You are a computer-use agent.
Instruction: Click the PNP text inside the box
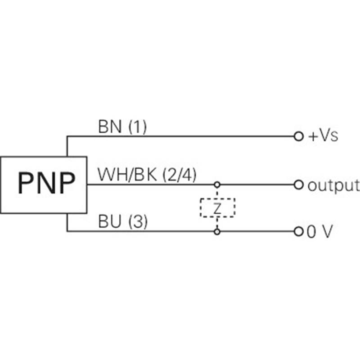click(x=47, y=183)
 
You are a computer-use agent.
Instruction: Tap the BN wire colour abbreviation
click(x=110, y=126)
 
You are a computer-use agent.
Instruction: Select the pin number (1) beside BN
click(x=137, y=127)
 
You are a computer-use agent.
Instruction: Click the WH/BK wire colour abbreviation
click(x=127, y=175)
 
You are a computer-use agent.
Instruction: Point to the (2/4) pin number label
click(x=180, y=175)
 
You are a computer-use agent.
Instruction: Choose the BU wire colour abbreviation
click(x=109, y=221)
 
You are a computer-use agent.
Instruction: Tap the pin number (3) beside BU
click(x=138, y=221)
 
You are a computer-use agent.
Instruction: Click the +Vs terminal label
click(x=324, y=136)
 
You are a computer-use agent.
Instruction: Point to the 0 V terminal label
click(x=320, y=231)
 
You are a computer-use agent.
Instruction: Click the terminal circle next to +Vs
click(x=298, y=136)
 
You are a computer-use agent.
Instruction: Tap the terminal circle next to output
click(x=298, y=184)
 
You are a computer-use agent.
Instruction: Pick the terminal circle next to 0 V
click(x=298, y=231)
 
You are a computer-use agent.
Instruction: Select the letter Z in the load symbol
click(x=217, y=208)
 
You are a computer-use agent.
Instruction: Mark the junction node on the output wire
click(x=217, y=184)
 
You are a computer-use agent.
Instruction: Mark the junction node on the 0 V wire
click(x=217, y=232)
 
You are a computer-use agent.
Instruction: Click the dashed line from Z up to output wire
click(x=217, y=193)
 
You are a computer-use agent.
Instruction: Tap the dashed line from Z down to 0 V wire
click(x=217, y=223)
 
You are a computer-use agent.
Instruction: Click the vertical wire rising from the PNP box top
click(x=67, y=146)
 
